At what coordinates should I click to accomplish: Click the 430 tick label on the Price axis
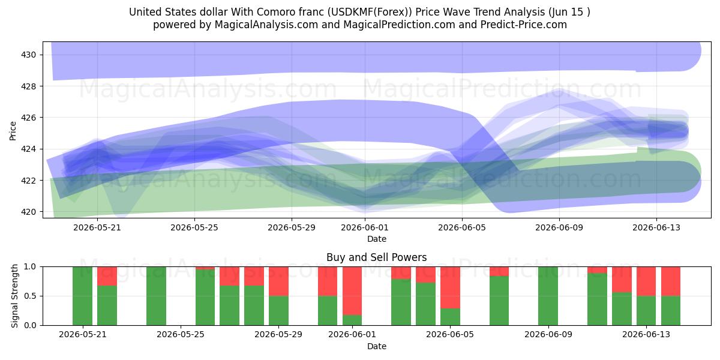pos(28,55)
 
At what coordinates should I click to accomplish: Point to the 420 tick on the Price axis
pos(28,212)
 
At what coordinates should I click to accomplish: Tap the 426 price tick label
pos(28,118)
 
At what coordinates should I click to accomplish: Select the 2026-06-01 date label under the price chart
pos(365,227)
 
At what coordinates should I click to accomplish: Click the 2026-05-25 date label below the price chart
pos(194,227)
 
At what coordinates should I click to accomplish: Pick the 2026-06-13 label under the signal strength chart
pos(646,335)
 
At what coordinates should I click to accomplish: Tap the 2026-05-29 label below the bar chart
pos(278,335)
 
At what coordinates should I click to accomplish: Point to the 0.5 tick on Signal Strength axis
pos(30,296)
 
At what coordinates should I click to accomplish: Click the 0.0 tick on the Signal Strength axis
pos(30,325)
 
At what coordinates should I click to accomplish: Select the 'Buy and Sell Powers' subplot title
pos(376,257)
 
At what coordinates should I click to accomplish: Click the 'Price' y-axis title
pos(13,131)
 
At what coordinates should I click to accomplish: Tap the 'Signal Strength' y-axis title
pos(14,296)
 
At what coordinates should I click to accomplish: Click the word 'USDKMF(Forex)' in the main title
pos(370,12)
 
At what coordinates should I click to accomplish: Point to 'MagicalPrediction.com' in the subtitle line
pos(399,25)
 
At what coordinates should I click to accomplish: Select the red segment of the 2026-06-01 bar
pos(352,291)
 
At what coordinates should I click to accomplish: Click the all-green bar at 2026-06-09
pos(548,296)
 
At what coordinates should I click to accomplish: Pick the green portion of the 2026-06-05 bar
pos(450,317)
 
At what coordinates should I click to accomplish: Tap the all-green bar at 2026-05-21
pos(82,296)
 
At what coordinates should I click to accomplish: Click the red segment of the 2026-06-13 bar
pos(646,281)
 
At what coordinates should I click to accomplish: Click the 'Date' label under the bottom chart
pos(377,346)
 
